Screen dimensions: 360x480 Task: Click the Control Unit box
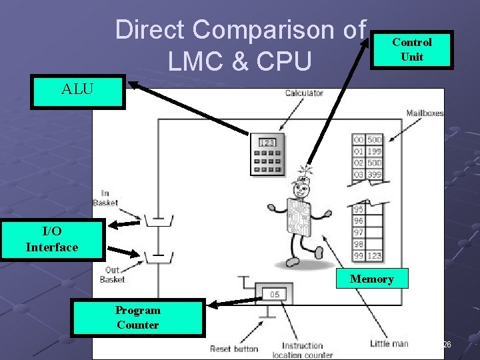click(412, 49)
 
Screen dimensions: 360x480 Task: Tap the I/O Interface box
click(52, 239)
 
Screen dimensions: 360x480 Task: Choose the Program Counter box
click(137, 317)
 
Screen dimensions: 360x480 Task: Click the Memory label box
click(371, 279)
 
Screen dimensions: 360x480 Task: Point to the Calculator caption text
click(304, 93)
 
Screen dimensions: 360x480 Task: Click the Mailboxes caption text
click(425, 113)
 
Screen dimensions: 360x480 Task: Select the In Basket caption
click(105, 198)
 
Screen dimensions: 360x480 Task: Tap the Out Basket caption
click(112, 275)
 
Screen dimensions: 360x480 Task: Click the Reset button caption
click(234, 349)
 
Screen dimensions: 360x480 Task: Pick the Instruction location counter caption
click(302, 349)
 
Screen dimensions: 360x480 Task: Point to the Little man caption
click(389, 343)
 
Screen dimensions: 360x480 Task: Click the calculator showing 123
click(267, 154)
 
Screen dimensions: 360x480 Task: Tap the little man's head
click(303, 179)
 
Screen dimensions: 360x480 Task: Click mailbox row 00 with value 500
click(367, 140)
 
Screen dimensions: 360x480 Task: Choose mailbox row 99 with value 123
click(367, 256)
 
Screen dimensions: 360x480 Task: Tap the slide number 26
click(447, 344)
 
